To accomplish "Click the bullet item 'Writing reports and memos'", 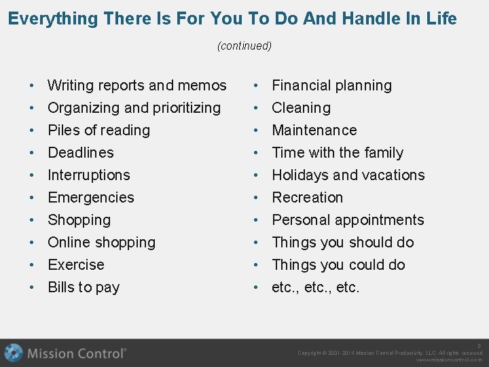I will [x=137, y=86].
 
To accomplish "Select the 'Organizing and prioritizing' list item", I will [x=134, y=108].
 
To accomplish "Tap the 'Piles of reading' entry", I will [x=98, y=130].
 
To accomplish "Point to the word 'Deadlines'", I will [x=81, y=153].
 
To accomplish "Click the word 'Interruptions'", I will [x=88, y=175].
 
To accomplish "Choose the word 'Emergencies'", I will [x=91, y=198].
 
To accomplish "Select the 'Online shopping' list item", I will [x=101, y=243].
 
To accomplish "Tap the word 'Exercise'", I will [x=76, y=265].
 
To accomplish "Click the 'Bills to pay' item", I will [x=84, y=287].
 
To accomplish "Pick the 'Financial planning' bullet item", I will [x=331, y=86].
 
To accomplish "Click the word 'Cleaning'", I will [x=301, y=108].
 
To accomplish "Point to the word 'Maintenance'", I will [x=314, y=130].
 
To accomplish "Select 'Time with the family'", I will [x=338, y=153].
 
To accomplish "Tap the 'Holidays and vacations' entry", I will [x=348, y=175].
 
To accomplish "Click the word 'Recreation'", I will [x=307, y=198].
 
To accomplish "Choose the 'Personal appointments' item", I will [x=348, y=220].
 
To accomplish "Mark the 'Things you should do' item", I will [x=342, y=243].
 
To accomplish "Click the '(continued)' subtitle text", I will [x=244, y=46].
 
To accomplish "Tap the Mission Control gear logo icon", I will [x=14, y=353].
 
